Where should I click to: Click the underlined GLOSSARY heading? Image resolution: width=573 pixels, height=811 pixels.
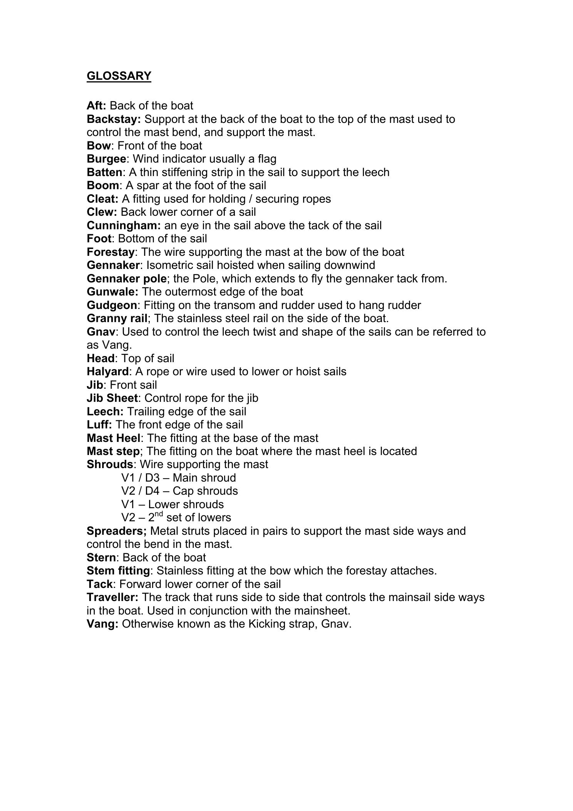(x=119, y=76)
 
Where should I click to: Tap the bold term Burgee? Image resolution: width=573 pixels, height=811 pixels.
(x=107, y=159)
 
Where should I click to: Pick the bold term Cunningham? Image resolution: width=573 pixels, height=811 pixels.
(x=124, y=225)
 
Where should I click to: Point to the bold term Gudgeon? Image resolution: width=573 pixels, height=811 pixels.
(x=112, y=305)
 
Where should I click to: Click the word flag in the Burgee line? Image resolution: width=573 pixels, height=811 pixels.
(x=267, y=159)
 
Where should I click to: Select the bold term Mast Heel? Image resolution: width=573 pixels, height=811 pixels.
(x=114, y=438)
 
